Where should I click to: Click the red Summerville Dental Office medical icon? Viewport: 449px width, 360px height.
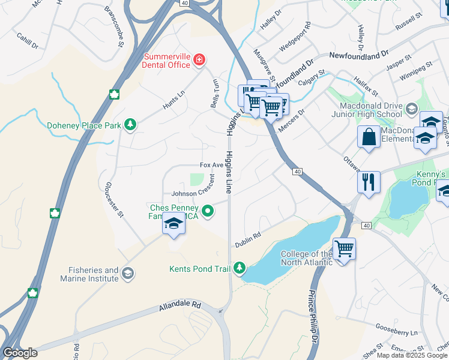[x=199, y=59]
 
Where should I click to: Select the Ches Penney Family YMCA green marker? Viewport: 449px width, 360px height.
[x=208, y=211]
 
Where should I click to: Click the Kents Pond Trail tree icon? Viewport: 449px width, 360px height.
[x=240, y=268]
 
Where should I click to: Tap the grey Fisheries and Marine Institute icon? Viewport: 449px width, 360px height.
[x=127, y=274]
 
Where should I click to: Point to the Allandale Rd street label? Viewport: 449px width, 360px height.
[x=179, y=305]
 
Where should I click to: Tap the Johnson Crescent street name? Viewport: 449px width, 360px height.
[x=192, y=194]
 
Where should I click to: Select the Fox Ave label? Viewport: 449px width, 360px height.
[x=211, y=165]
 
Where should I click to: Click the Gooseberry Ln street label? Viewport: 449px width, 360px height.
[x=396, y=332]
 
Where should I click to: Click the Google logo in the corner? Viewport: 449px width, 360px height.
[x=20, y=352]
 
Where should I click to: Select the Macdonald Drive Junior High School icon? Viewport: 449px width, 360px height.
[x=412, y=109]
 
